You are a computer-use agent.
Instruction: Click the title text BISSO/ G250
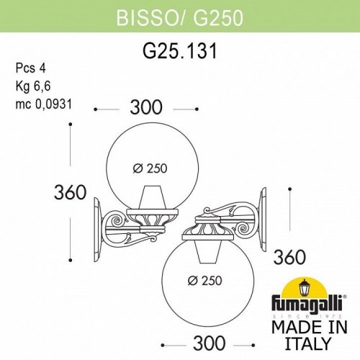(179, 14)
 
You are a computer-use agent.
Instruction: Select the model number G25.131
(179, 50)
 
